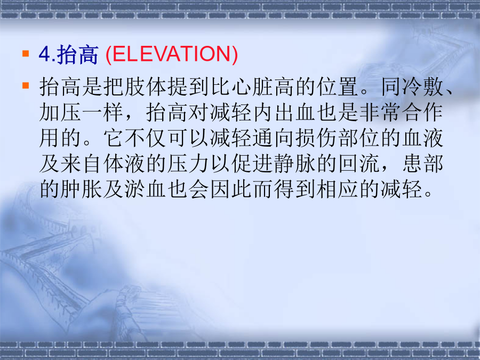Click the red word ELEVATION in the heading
click(171, 54)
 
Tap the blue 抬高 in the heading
click(78, 54)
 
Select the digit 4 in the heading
click(44, 54)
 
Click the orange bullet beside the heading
click(26, 54)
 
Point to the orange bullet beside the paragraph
click(26, 85)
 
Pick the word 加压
click(61, 113)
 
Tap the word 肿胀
click(82, 189)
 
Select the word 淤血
click(146, 189)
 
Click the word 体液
click(124, 164)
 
